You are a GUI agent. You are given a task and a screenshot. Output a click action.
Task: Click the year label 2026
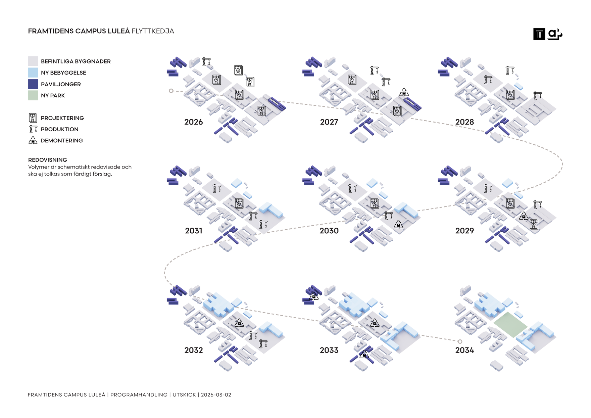pos(193,122)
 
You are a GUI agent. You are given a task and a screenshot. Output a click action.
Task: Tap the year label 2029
pos(464,231)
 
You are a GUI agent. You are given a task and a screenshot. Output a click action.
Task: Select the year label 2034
pos(464,350)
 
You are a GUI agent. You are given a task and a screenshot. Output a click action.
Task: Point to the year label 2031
pos(194,231)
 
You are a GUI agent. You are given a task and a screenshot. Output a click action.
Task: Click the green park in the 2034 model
pos(510,324)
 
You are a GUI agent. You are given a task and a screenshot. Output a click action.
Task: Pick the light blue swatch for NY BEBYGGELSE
pos(33,73)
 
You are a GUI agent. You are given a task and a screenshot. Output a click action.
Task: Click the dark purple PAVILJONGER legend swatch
pos(33,84)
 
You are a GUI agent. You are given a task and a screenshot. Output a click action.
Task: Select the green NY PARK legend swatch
pos(33,95)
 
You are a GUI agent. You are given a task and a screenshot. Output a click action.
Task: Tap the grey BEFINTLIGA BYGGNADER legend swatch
pos(33,61)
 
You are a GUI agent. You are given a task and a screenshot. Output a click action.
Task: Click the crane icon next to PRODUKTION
pos(33,129)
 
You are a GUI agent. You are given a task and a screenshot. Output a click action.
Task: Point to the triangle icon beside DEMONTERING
pos(33,140)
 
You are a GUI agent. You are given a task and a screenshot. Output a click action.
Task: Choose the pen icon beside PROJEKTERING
pos(33,118)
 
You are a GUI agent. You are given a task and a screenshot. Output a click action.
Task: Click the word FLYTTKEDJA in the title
pos(153,31)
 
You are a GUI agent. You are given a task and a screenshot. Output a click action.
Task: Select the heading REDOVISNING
pos(48,160)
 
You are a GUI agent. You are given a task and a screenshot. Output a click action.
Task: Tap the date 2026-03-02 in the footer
pos(216,395)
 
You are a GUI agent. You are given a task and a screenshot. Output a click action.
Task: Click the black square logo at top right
pos(539,34)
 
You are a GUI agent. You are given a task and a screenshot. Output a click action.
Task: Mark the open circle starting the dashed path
pos(171,91)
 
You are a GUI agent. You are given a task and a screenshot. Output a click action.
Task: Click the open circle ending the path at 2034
pos(460,341)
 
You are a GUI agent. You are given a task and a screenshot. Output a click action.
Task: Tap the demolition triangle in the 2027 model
pos(404,92)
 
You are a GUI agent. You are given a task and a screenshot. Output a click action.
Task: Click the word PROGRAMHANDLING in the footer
pos(139,395)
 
